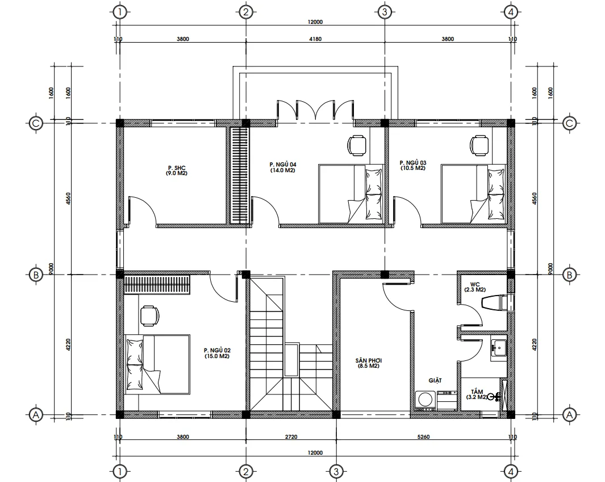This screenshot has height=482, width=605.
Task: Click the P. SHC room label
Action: (x=177, y=168)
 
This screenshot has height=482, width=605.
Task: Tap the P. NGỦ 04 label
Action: (x=283, y=165)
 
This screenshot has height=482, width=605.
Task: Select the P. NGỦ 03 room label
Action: (x=413, y=163)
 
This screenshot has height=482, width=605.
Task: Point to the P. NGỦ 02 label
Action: (x=217, y=350)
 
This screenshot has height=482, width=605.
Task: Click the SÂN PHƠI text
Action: (x=369, y=360)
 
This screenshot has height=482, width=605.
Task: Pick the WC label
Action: (x=475, y=284)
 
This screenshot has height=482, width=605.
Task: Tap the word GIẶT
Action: (x=435, y=380)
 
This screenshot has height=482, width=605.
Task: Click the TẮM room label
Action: (x=477, y=392)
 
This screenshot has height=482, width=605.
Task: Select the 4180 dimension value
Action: (x=315, y=39)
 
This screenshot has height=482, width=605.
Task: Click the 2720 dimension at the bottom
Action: (x=291, y=437)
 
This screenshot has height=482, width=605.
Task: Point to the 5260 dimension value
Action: (x=424, y=437)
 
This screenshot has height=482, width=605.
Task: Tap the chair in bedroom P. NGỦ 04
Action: (x=357, y=145)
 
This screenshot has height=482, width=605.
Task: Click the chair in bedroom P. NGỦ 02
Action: (x=150, y=315)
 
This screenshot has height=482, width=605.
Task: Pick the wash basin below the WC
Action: (x=499, y=348)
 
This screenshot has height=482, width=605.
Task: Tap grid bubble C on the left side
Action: (x=36, y=123)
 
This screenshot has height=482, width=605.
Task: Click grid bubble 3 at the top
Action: (x=384, y=13)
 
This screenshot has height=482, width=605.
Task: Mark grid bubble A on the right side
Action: (x=569, y=415)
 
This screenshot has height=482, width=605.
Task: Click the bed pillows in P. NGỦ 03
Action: (x=496, y=194)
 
